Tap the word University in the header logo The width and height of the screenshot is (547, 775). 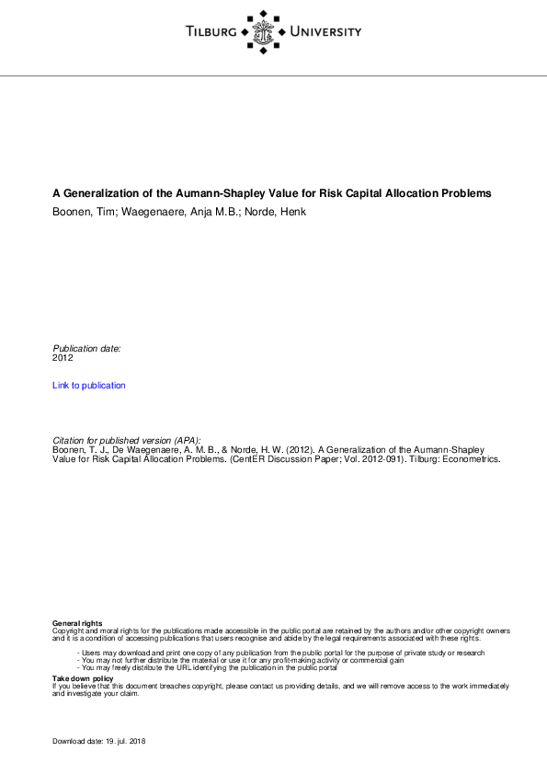pos(325,32)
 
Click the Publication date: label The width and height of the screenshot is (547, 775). pos(86,348)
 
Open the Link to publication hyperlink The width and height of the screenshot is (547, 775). pos(89,385)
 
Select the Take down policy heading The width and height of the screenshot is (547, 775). pos(83,678)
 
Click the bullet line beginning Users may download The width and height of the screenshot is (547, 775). pos(280,653)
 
